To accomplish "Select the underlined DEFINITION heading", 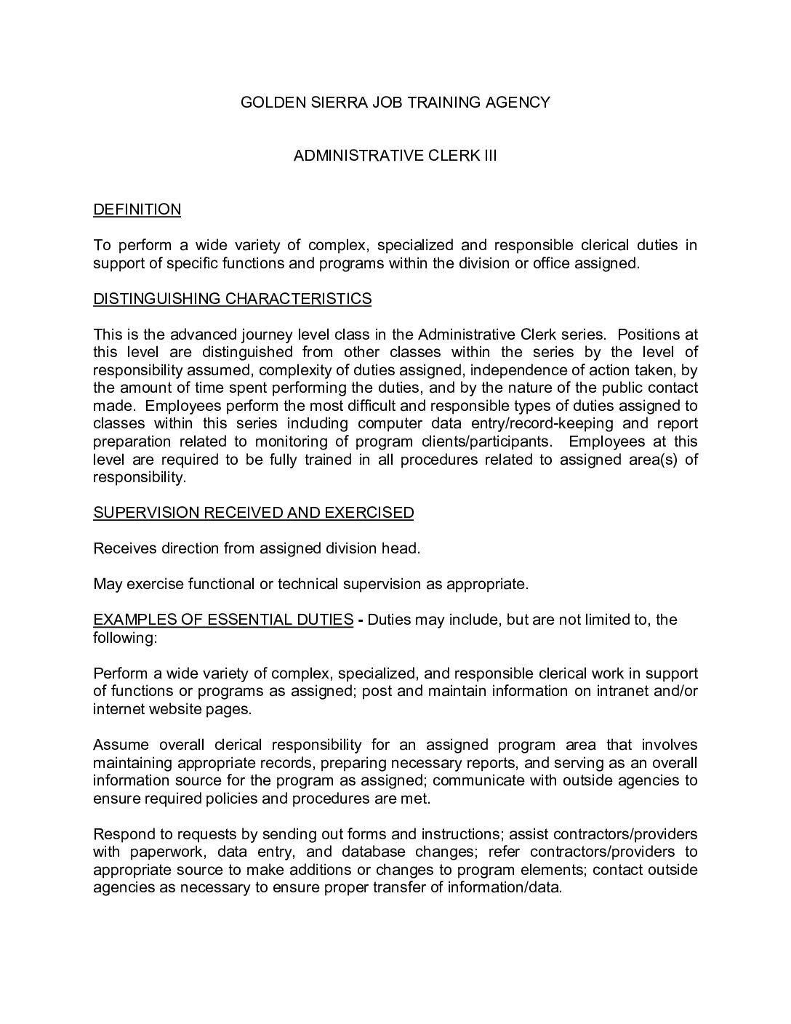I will tap(137, 209).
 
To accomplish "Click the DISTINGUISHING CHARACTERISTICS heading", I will tap(232, 299).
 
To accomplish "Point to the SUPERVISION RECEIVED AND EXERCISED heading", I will tap(253, 513).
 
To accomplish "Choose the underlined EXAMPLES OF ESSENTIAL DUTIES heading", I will tap(223, 620).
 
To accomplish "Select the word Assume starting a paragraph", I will tap(121, 745).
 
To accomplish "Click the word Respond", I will tap(123, 834).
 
